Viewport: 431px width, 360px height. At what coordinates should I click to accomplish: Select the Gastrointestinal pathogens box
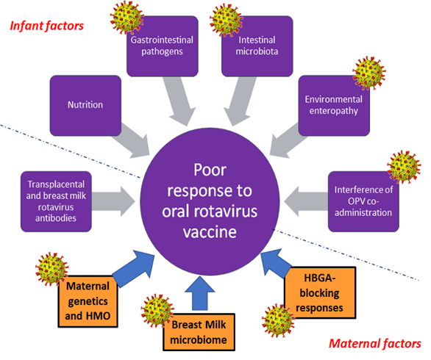pyautogui.click(x=157, y=47)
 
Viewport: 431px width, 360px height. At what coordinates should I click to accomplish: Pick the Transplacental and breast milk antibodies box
pyautogui.click(x=56, y=192)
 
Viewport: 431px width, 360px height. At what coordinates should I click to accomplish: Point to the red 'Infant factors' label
pyautogui.click(x=46, y=26)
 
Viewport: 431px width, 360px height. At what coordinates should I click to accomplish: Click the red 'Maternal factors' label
pyautogui.click(x=374, y=343)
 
